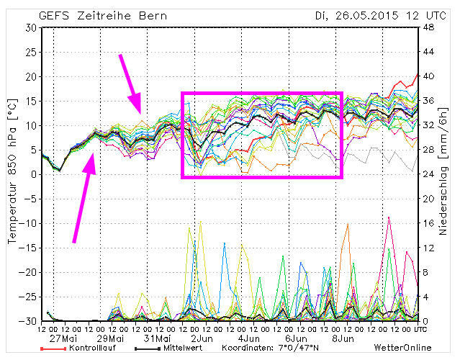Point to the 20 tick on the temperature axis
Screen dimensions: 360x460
(30, 76)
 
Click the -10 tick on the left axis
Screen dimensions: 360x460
(28, 223)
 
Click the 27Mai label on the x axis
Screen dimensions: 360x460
(65, 338)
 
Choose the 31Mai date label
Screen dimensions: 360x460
(157, 338)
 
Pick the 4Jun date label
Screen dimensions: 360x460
(249, 338)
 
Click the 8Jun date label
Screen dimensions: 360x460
(341, 338)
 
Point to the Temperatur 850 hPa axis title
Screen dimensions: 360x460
(12, 173)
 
